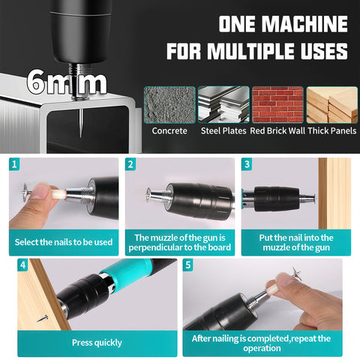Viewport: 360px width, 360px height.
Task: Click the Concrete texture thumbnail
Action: [169, 105]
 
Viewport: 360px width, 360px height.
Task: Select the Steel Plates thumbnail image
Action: [223, 105]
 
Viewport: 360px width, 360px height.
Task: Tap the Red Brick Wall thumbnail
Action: [277, 105]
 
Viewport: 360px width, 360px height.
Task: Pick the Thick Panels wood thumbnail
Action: [332, 105]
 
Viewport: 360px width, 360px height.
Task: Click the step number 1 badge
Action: [14, 164]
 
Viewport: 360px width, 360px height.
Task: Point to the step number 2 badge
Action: [130, 164]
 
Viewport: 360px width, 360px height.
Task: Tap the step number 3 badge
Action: [247, 164]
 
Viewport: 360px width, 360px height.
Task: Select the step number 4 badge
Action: [22, 265]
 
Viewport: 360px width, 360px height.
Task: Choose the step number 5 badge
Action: [188, 265]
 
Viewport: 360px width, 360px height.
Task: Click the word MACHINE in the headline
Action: [304, 24]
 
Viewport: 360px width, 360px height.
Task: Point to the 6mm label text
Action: [67, 82]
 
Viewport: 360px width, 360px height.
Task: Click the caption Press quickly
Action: [97, 343]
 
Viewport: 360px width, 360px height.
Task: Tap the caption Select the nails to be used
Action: [64, 242]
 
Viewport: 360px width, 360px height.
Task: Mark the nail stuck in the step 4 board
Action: [43, 319]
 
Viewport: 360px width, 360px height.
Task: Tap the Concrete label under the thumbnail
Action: [169, 130]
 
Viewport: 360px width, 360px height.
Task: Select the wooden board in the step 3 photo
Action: [334, 193]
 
